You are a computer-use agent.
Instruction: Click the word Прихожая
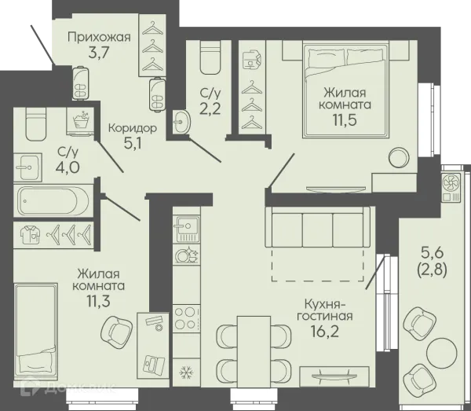point(99,38)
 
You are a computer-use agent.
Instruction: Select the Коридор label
point(133,128)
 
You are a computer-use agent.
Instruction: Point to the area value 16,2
point(325,331)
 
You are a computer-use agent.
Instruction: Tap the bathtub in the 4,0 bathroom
point(53,200)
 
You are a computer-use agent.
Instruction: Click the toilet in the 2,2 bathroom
point(210,57)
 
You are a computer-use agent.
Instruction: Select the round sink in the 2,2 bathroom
point(181,122)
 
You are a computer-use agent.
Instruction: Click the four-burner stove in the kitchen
point(186,318)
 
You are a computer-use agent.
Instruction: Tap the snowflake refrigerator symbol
point(186,372)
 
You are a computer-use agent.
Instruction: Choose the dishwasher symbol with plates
point(186,255)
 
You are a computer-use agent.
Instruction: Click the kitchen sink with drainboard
point(186,229)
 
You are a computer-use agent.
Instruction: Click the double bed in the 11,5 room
point(345,90)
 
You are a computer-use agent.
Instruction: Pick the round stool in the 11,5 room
point(399,156)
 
